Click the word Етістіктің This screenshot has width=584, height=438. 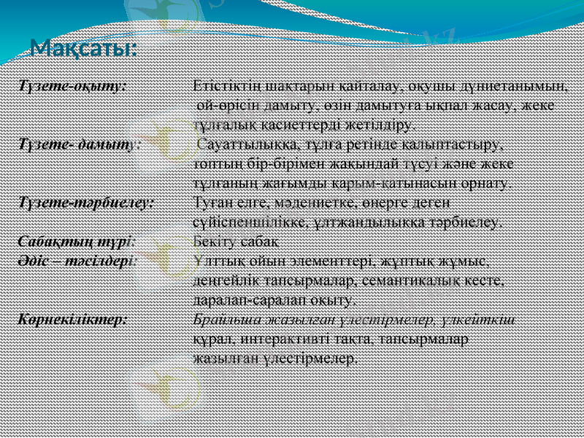pos(224,85)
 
